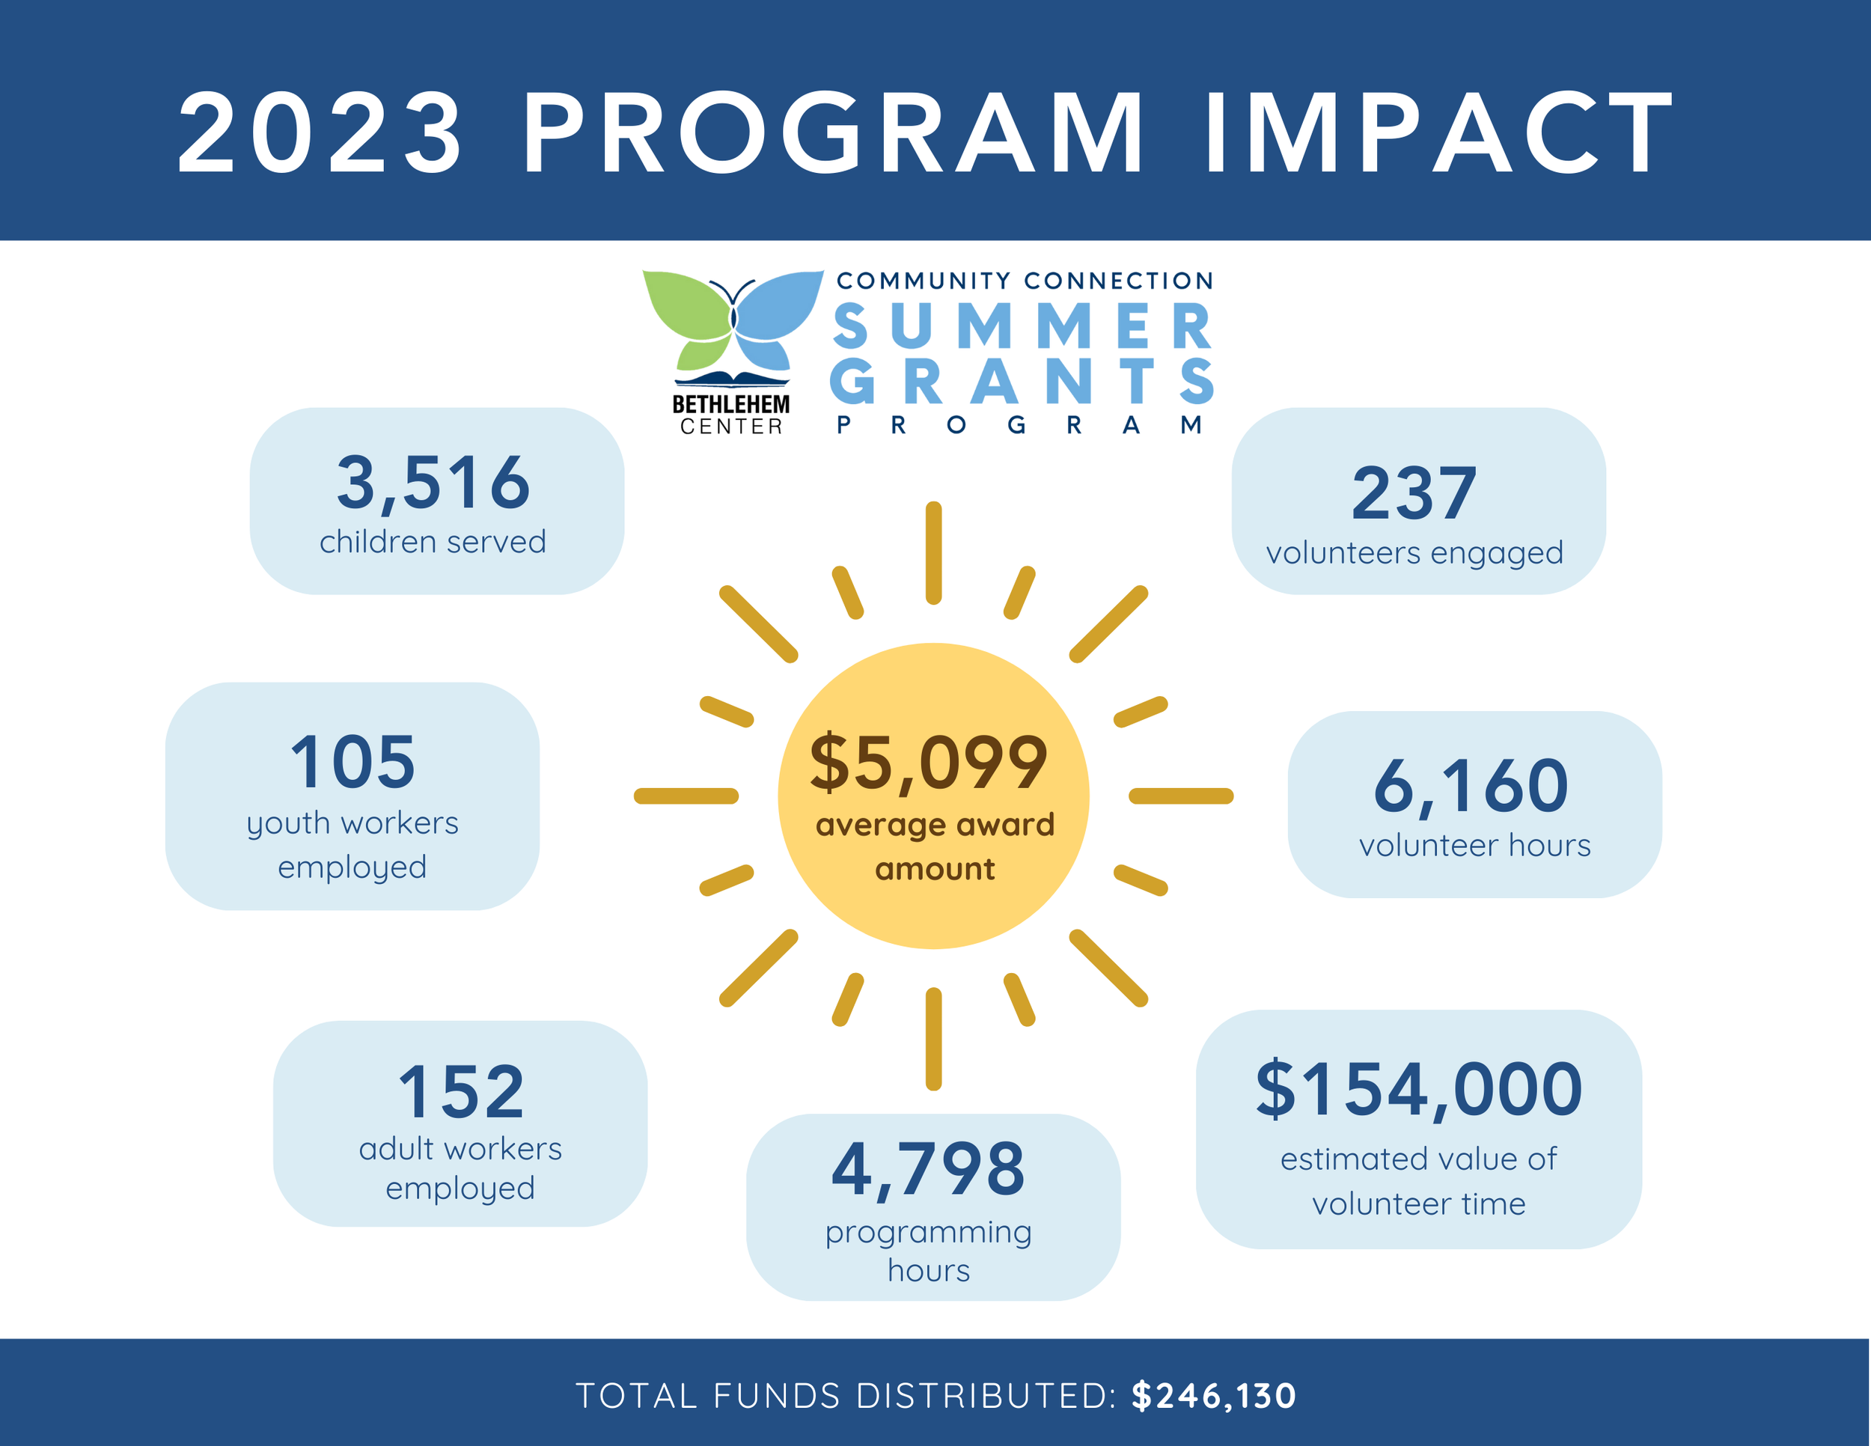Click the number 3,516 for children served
tap(433, 482)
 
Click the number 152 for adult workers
tap(461, 1092)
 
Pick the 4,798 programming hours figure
tap(928, 1169)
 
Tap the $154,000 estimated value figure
tap(1419, 1089)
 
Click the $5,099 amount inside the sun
tap(929, 763)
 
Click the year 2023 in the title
tap(320, 135)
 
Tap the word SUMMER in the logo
tap(1023, 327)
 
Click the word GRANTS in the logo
tap(1023, 381)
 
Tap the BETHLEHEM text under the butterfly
tap(730, 404)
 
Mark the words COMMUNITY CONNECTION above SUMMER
tap(1025, 281)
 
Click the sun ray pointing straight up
tap(934, 552)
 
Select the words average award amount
tap(935, 846)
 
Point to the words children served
tap(433, 542)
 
